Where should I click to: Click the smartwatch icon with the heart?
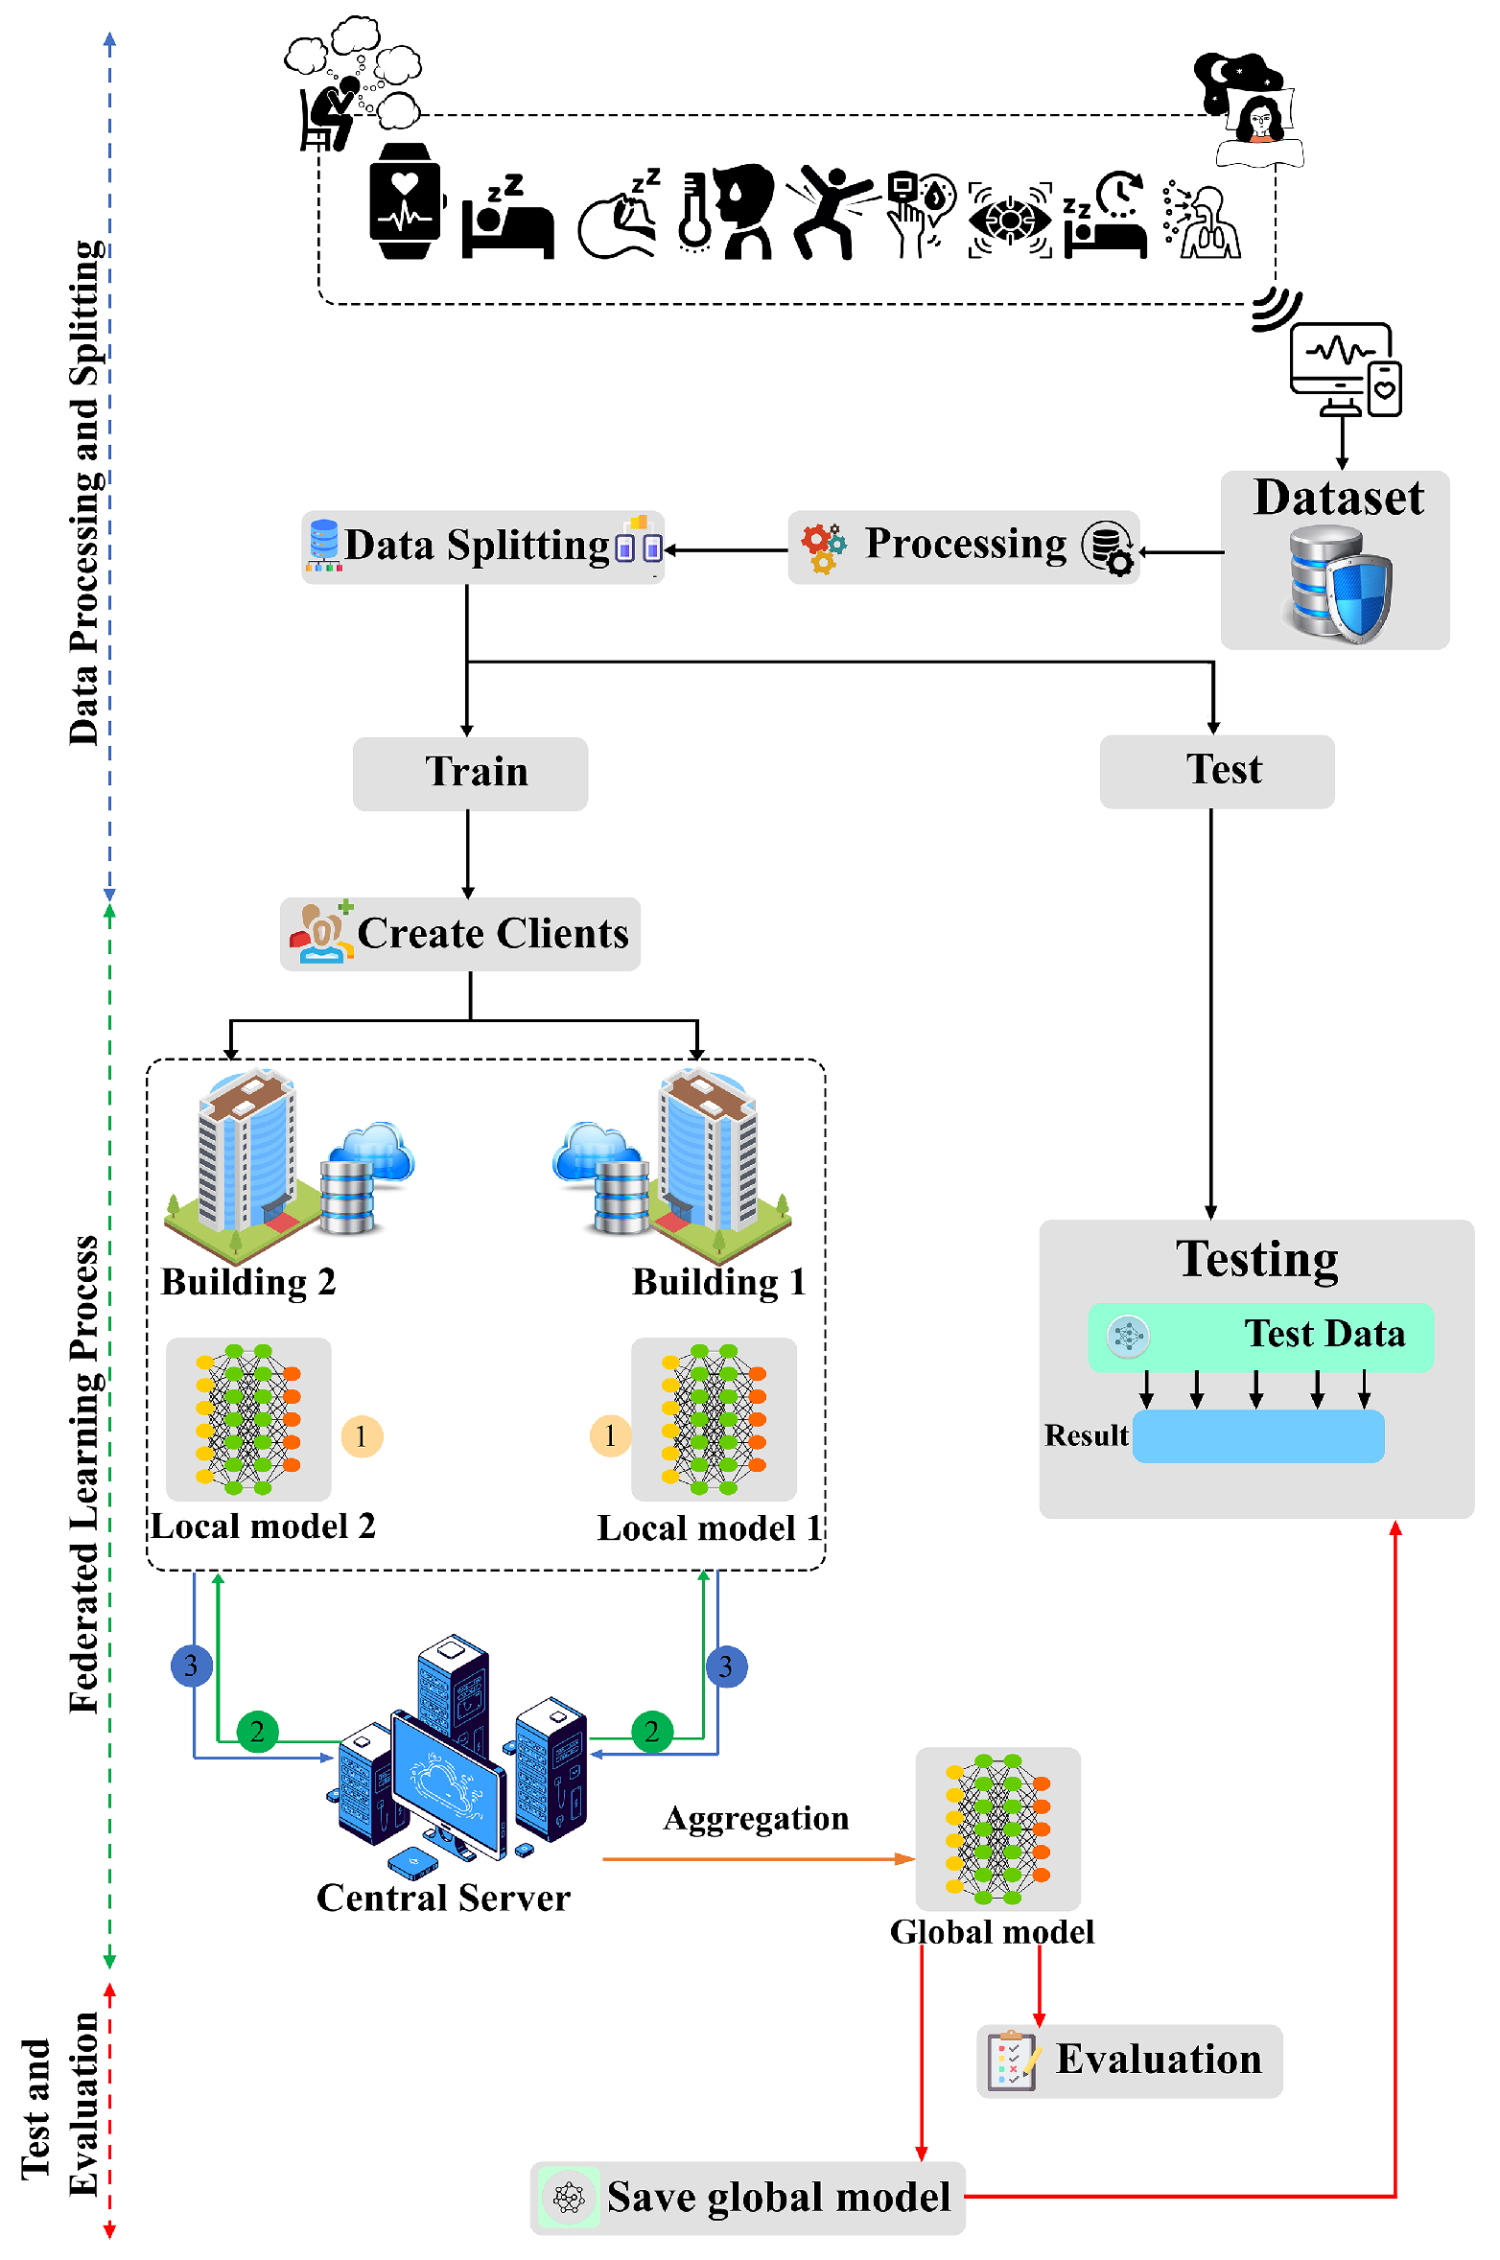pos(405,201)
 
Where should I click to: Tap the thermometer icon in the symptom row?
pos(693,213)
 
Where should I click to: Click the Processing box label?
pos(965,545)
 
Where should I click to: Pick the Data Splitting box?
pos(482,548)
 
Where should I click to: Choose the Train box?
pos(470,773)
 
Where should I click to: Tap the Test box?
pos(1216,771)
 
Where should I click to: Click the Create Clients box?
pos(460,934)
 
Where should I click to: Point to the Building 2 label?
pos(248,1282)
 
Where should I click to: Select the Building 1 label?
pos(718,1282)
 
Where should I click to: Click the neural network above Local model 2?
pos(248,1419)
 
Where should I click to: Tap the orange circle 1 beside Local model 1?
pos(610,1435)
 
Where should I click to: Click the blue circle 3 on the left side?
pos(191,1666)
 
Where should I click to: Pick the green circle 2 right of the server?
pos(652,1731)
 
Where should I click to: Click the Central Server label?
pos(443,1899)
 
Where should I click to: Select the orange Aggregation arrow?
pos(758,1859)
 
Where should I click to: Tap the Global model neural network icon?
pos(997,1829)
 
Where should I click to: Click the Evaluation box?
pos(1129,2060)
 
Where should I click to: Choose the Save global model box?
pos(747,2197)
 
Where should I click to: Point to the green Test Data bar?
pos(1260,1336)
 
